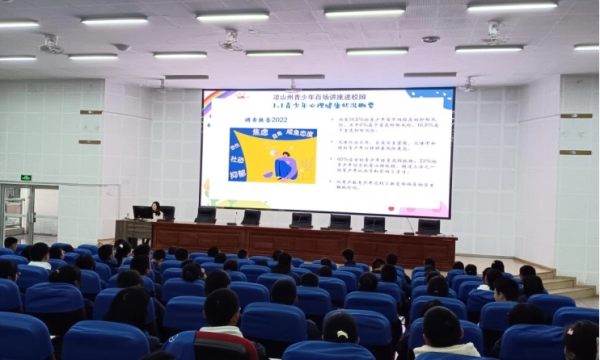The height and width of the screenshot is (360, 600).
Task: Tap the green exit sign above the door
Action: click(26, 177)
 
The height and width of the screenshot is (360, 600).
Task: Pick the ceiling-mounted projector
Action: click(230, 41)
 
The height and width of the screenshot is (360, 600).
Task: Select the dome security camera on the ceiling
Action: click(430, 39)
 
